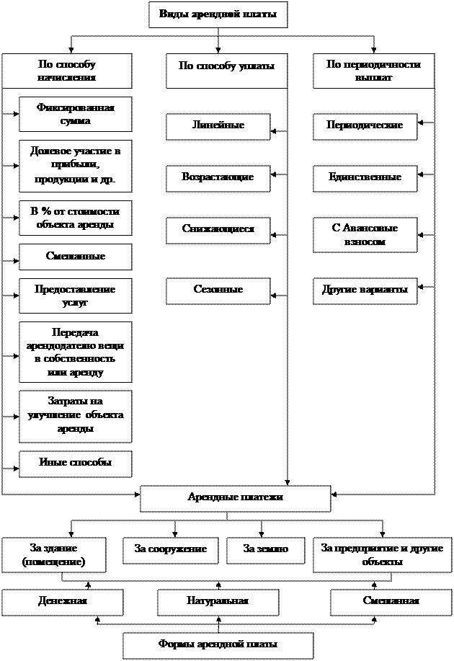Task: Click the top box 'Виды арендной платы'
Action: pyautogui.click(x=218, y=15)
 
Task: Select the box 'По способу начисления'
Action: pyautogui.click(x=66, y=71)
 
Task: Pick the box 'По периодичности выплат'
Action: pyautogui.click(x=373, y=71)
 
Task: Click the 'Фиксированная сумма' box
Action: pyautogui.click(x=75, y=115)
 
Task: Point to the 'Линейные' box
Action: pyautogui.click(x=218, y=126)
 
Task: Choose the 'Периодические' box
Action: pyautogui.click(x=365, y=126)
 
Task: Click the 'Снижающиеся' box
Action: pyautogui.click(x=218, y=230)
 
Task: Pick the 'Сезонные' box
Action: pyautogui.click(x=218, y=290)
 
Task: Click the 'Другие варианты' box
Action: pyautogui.click(x=365, y=290)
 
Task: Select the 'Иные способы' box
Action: pyautogui.click(x=75, y=463)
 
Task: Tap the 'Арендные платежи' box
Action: pyautogui.click(x=235, y=498)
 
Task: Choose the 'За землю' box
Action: pyautogui.click(x=266, y=550)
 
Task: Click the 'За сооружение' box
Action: pyautogui.click(x=171, y=550)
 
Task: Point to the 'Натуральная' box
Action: pyautogui.click(x=218, y=602)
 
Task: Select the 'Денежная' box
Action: pyautogui.click(x=62, y=602)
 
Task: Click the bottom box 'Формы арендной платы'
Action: pyautogui.click(x=218, y=645)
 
